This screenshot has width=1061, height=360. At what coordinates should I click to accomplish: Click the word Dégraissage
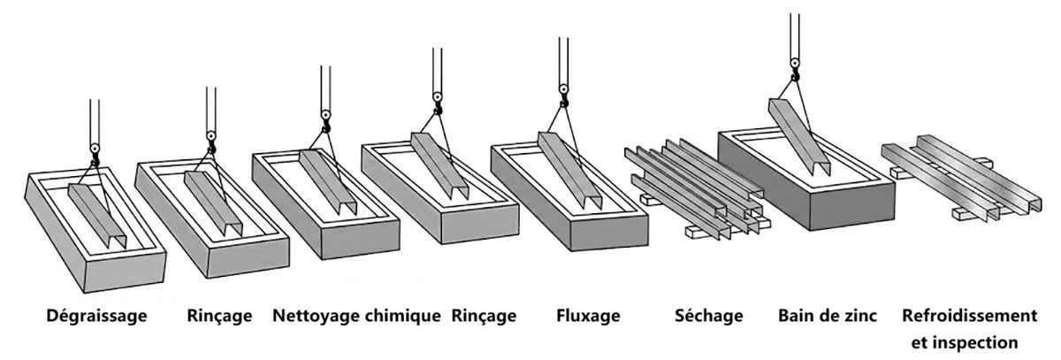[x=96, y=317]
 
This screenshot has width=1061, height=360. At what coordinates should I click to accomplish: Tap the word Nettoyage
[x=317, y=317]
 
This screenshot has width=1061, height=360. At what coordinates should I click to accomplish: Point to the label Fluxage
[x=588, y=316]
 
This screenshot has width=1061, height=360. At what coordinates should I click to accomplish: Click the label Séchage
[x=708, y=317]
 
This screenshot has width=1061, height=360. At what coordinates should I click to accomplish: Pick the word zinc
[x=859, y=316]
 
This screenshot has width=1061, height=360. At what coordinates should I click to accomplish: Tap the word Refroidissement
[x=969, y=316]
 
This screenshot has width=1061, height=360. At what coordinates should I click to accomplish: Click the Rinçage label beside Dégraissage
[x=219, y=317]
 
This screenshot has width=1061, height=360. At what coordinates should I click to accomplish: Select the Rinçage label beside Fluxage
[x=484, y=317]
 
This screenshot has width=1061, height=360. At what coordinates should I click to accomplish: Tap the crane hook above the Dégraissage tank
[x=95, y=162]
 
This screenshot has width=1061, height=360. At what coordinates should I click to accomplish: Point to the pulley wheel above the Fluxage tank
[x=564, y=89]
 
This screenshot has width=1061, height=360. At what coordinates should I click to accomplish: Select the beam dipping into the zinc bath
[x=799, y=137]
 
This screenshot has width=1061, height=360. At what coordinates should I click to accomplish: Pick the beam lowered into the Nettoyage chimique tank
[x=328, y=182]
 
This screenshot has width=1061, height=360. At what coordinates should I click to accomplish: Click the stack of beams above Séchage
[x=698, y=188]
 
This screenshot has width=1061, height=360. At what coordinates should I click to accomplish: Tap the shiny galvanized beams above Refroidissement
[x=962, y=177]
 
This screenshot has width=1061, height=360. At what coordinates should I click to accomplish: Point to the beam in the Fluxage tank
[x=569, y=170]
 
